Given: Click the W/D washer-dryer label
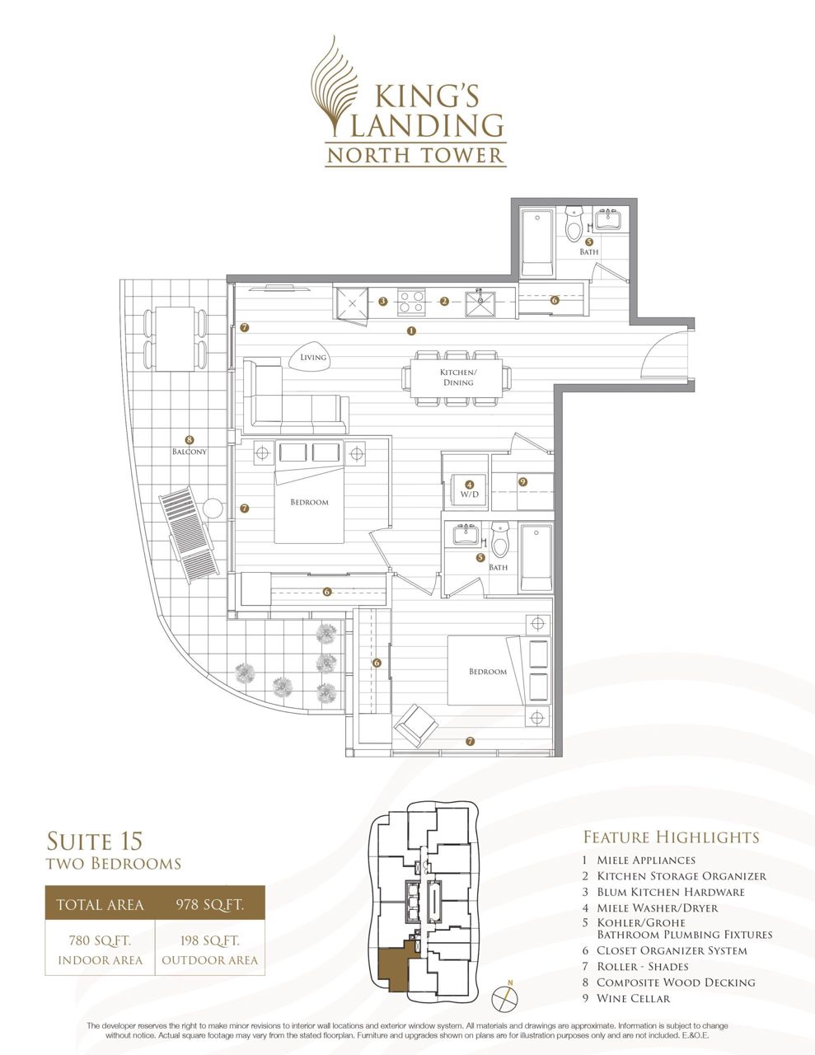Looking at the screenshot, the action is pos(469,495).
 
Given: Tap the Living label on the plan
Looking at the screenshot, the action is pos(312,358).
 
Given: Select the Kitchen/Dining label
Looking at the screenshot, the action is pos(458,377).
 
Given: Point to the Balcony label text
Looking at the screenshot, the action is pos(190,452).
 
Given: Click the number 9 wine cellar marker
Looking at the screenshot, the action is pos(522,482).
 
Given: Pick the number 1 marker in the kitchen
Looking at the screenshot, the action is pos(412,331).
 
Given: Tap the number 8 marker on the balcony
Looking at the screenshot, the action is pos(190,440).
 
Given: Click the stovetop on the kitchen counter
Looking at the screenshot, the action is pos(412,301).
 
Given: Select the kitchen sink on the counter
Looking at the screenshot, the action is pos(480,303).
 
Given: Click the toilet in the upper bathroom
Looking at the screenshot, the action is pos(574,224).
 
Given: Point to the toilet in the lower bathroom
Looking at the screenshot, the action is pos(499,540).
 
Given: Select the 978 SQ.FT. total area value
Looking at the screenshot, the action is pos(209,904).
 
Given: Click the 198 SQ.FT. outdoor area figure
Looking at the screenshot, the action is pos(209,940).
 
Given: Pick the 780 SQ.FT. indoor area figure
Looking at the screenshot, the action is pos(100,940).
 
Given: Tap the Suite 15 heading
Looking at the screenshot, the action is pos(95,841).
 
